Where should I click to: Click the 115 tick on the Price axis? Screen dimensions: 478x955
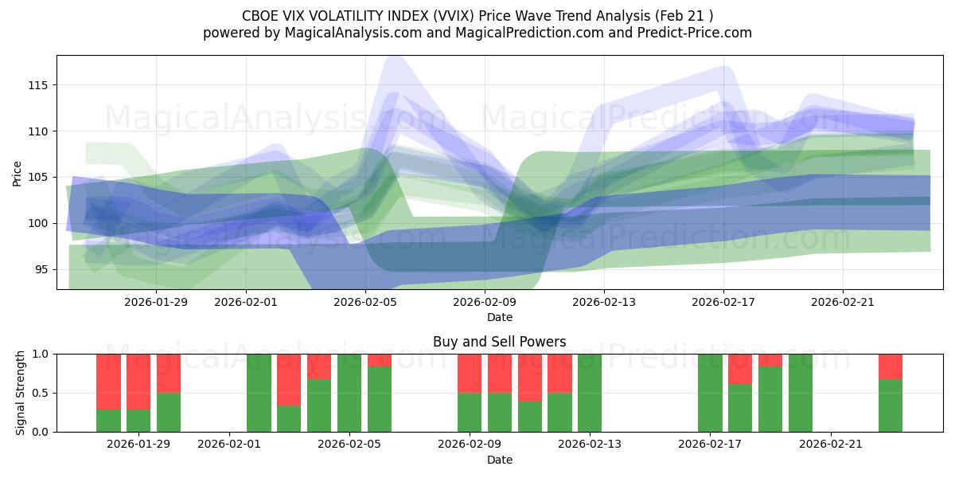pyautogui.click(x=41, y=85)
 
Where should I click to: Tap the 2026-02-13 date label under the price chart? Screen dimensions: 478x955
pyautogui.click(x=604, y=302)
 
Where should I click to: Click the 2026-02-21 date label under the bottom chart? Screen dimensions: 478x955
pyautogui.click(x=831, y=444)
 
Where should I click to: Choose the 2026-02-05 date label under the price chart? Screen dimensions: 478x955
pyautogui.click(x=365, y=302)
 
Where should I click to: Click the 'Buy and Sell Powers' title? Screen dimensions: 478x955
pyautogui.click(x=499, y=342)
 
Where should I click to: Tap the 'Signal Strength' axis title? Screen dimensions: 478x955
pyautogui.click(x=21, y=393)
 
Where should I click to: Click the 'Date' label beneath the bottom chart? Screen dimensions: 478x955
pyautogui.click(x=499, y=460)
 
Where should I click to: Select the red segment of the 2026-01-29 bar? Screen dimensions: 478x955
pyautogui.click(x=138, y=382)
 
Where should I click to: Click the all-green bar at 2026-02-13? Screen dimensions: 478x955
pyautogui.click(x=590, y=393)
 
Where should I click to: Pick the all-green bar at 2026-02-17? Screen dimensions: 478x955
pyautogui.click(x=710, y=393)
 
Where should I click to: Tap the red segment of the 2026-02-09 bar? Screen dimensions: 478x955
pyautogui.click(x=470, y=373)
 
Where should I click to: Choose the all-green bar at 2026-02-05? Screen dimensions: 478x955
pyautogui.click(x=349, y=393)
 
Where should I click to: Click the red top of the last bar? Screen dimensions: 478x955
pyautogui.click(x=891, y=366)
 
